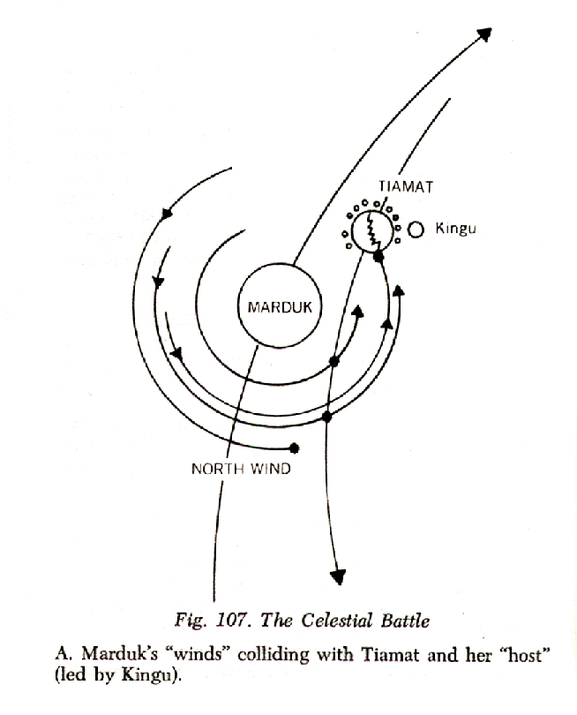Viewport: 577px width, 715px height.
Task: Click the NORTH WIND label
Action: tap(240, 469)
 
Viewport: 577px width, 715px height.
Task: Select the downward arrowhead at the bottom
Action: tap(337, 576)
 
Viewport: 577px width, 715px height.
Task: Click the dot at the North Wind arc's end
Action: tap(295, 448)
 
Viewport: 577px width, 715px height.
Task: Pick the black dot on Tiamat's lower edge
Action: tap(378, 256)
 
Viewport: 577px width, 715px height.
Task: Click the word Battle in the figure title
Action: tap(406, 621)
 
